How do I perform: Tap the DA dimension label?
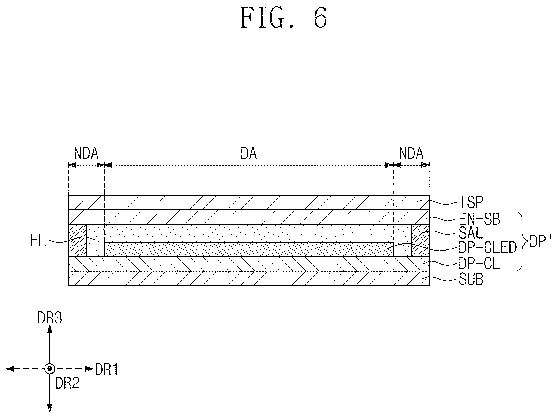(249, 154)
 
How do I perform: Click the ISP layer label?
(471, 202)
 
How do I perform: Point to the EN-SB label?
(479, 219)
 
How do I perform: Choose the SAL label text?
(471, 233)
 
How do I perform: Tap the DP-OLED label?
(488, 248)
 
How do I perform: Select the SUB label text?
(471, 280)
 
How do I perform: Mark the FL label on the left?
(38, 241)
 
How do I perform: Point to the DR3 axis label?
(50, 318)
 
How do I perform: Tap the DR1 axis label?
(107, 369)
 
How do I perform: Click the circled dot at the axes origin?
(49, 369)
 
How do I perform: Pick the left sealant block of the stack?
(78, 240)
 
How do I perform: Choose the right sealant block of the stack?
(420, 240)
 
